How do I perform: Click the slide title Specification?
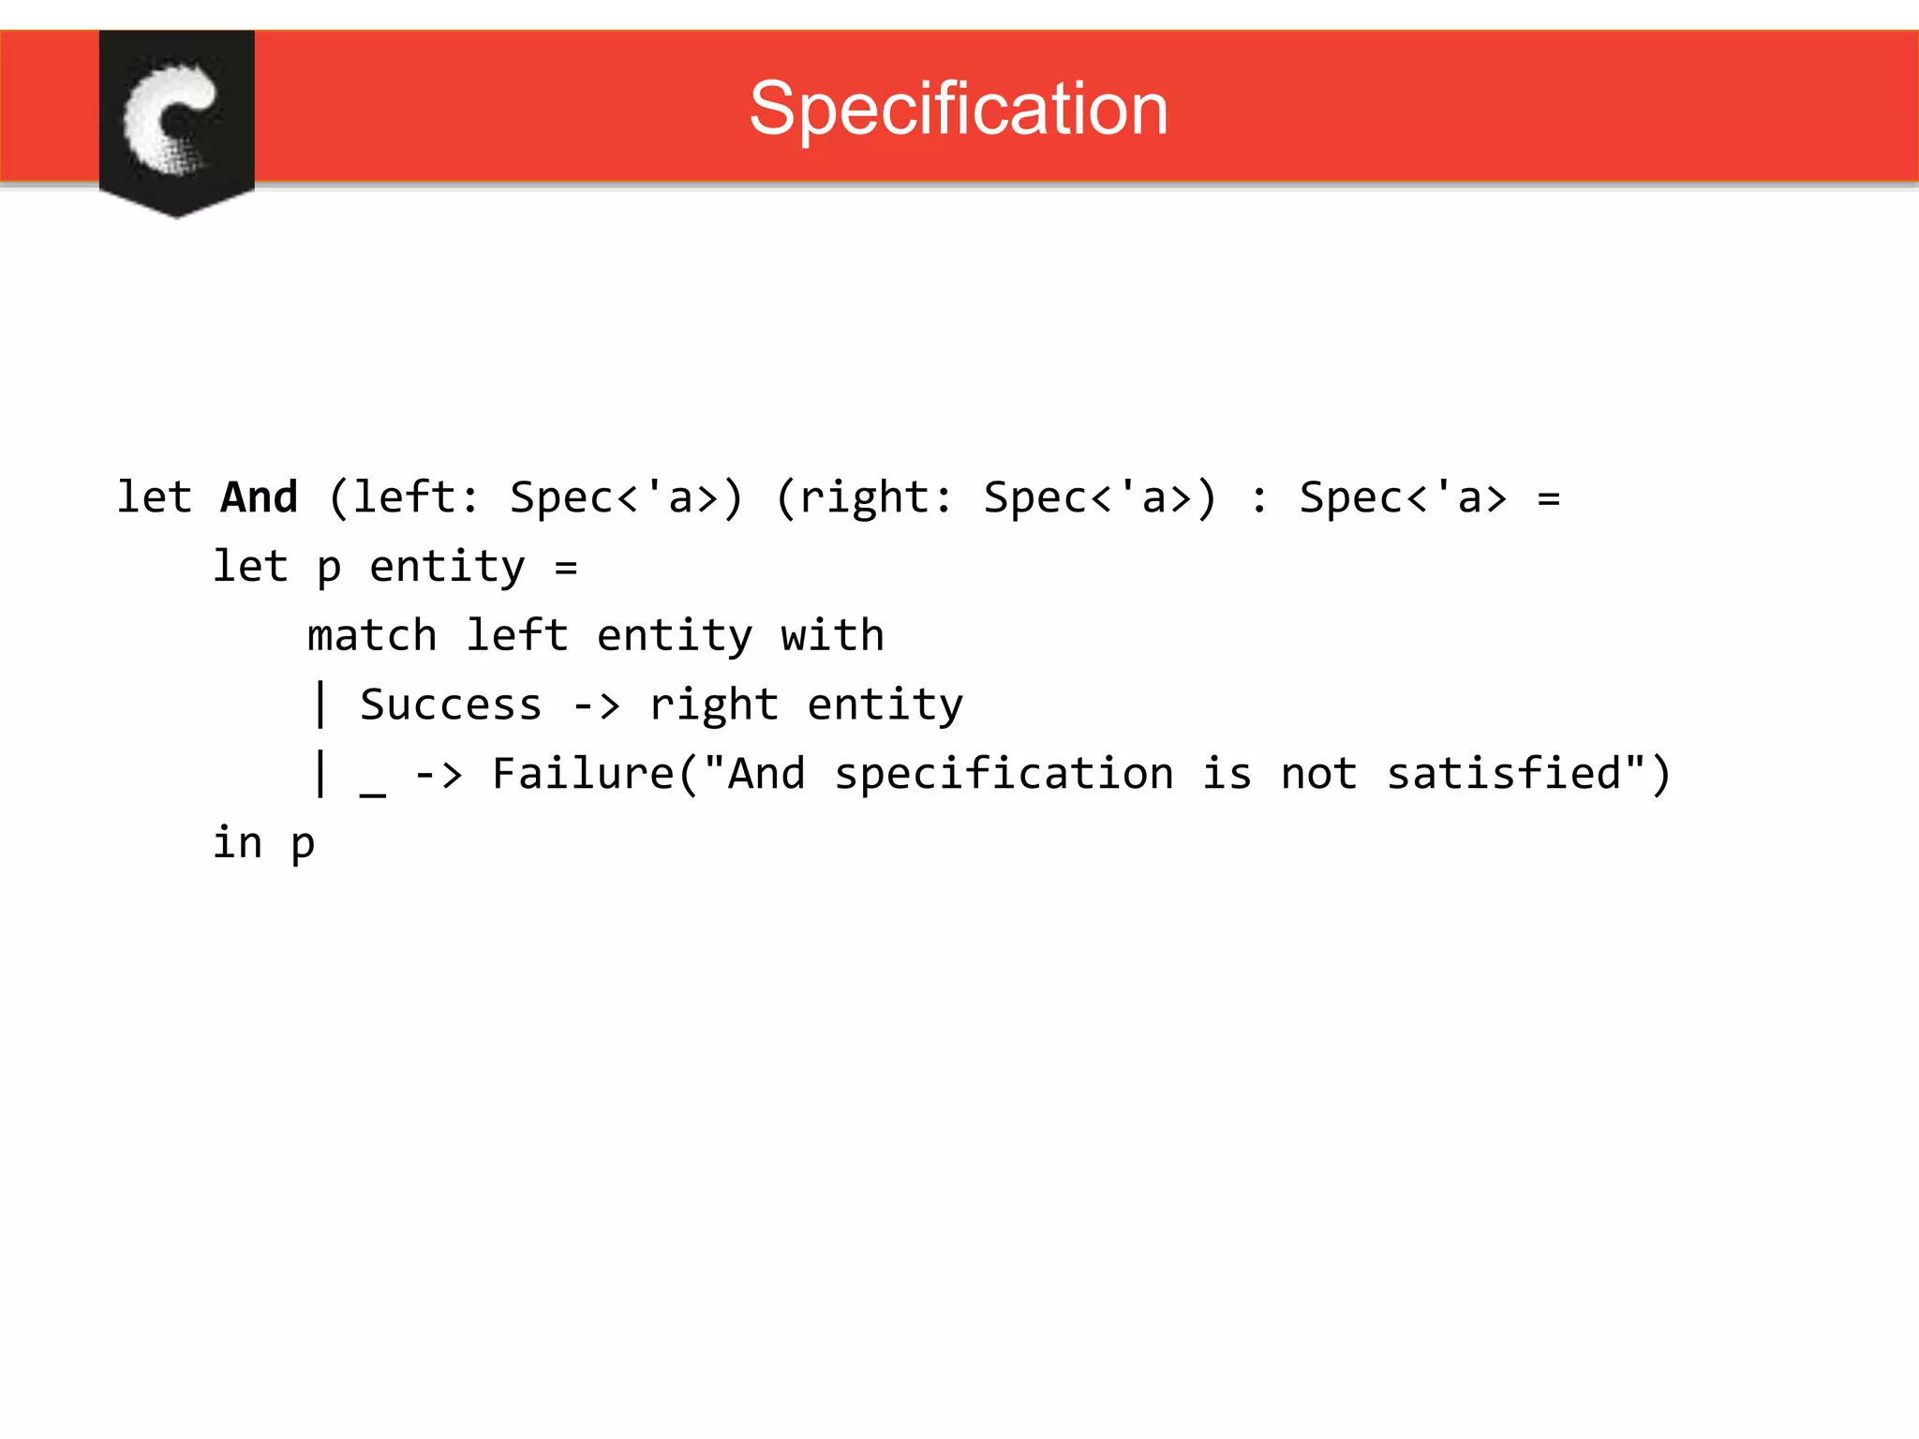click(959, 109)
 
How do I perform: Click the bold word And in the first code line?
click(260, 497)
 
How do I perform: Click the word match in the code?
click(372, 635)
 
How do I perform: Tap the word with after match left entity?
click(832, 635)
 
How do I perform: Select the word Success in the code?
click(451, 705)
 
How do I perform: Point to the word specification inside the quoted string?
click(1004, 774)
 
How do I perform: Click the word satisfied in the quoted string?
click(1504, 774)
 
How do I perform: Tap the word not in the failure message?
click(1318, 774)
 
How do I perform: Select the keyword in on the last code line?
click(237, 842)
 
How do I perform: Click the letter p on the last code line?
click(303, 845)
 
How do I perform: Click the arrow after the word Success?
click(596, 705)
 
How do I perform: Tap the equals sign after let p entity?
click(566, 568)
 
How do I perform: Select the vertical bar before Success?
click(321, 705)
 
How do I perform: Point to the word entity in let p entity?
click(447, 567)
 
